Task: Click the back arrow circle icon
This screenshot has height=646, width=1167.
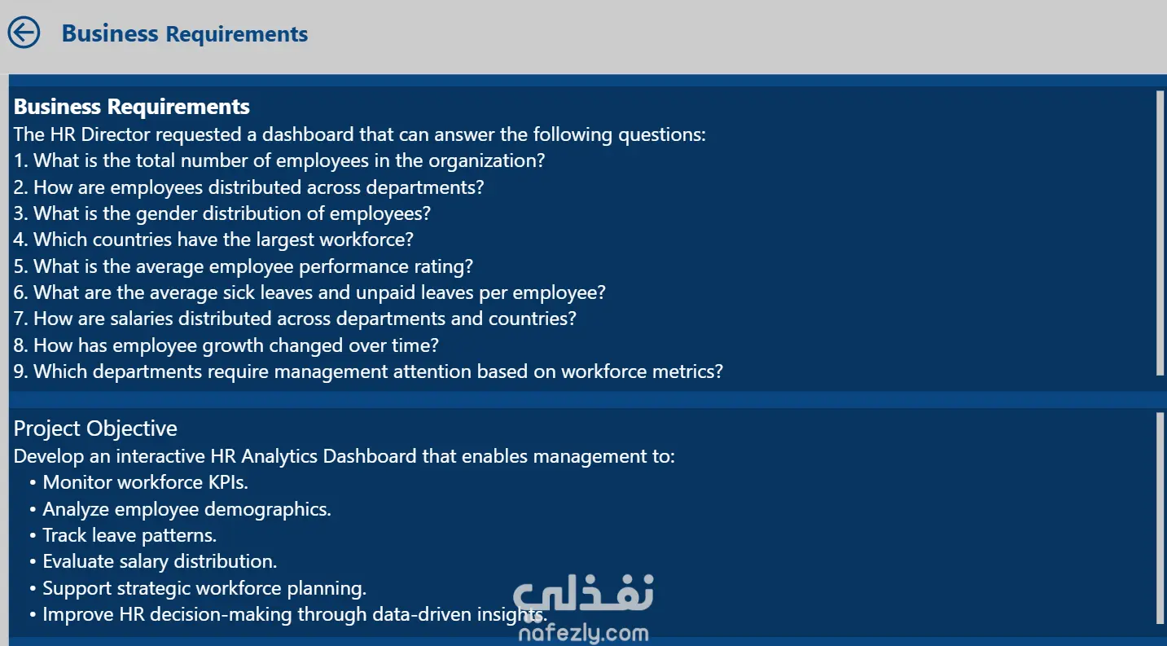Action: [24, 33]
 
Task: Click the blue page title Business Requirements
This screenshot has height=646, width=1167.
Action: [185, 34]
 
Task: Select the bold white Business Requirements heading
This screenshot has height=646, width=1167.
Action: [132, 107]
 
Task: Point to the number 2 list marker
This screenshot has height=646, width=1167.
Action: [20, 187]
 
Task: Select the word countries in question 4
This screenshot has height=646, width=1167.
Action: [132, 240]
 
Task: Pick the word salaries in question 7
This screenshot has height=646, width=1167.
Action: [141, 319]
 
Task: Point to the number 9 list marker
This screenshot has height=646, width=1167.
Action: [20, 371]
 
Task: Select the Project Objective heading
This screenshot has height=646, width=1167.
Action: [95, 428]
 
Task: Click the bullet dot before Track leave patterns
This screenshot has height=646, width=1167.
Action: [33, 535]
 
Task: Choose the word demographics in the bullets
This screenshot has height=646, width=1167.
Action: [267, 509]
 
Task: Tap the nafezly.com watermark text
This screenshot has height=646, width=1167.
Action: [583, 633]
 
